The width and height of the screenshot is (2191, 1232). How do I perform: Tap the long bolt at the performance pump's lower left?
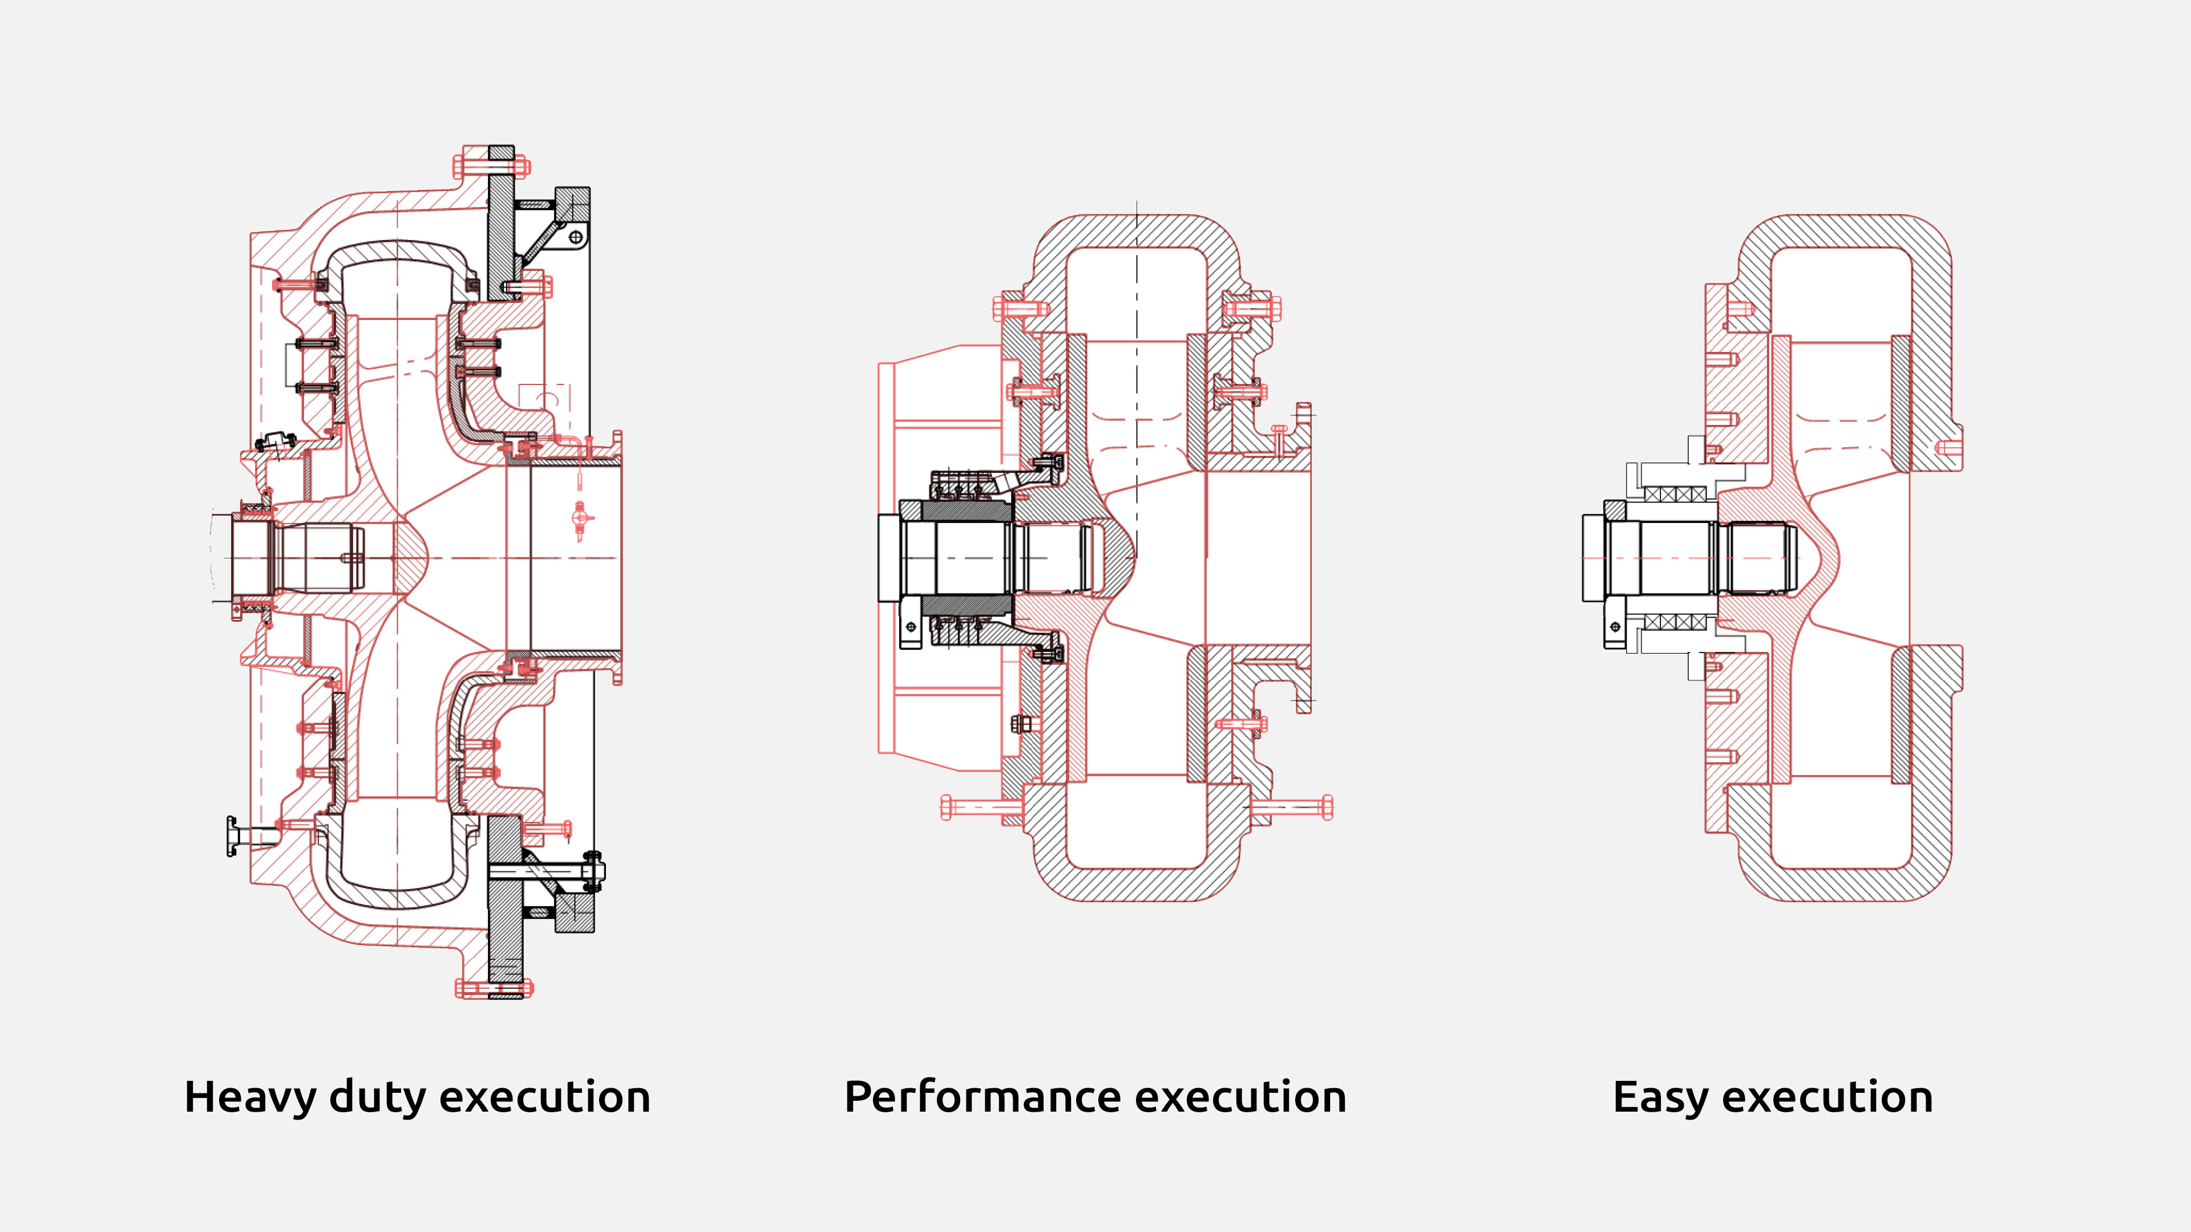978,807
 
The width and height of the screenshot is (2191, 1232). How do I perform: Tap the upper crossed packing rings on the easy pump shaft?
1675,494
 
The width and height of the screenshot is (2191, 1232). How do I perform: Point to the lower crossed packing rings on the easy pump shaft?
1675,622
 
